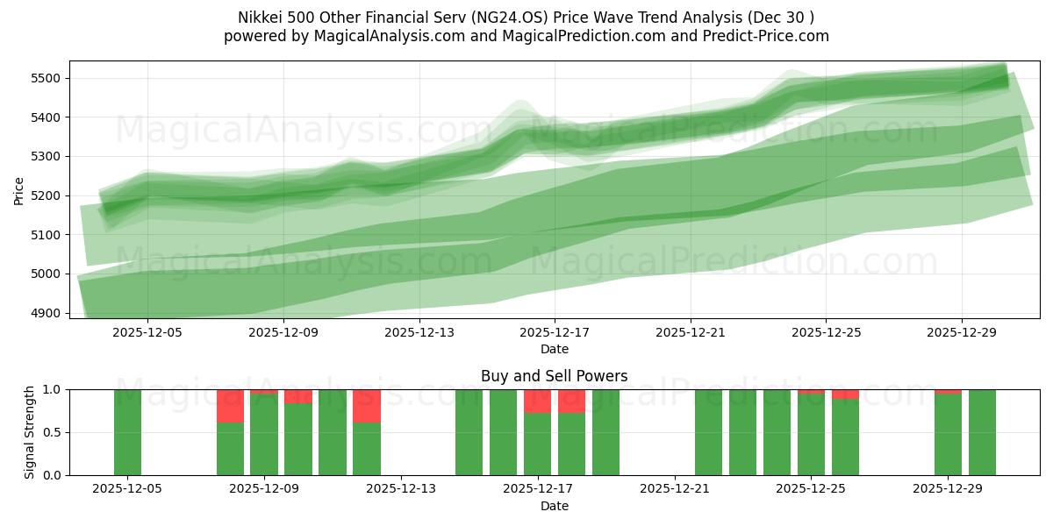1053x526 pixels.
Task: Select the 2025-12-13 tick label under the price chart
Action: (x=419, y=332)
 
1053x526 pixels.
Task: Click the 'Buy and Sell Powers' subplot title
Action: (x=554, y=376)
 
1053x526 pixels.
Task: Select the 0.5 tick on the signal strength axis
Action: (x=52, y=432)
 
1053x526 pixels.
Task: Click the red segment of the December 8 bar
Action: (x=230, y=406)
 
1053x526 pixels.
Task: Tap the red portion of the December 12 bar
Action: (x=366, y=406)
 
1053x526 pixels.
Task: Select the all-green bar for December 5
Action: (x=127, y=432)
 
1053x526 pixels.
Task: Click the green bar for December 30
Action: (x=982, y=432)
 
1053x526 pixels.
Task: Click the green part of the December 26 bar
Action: (x=845, y=438)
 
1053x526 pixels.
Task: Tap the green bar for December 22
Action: (x=708, y=432)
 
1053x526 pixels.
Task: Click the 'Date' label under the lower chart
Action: (x=554, y=506)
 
